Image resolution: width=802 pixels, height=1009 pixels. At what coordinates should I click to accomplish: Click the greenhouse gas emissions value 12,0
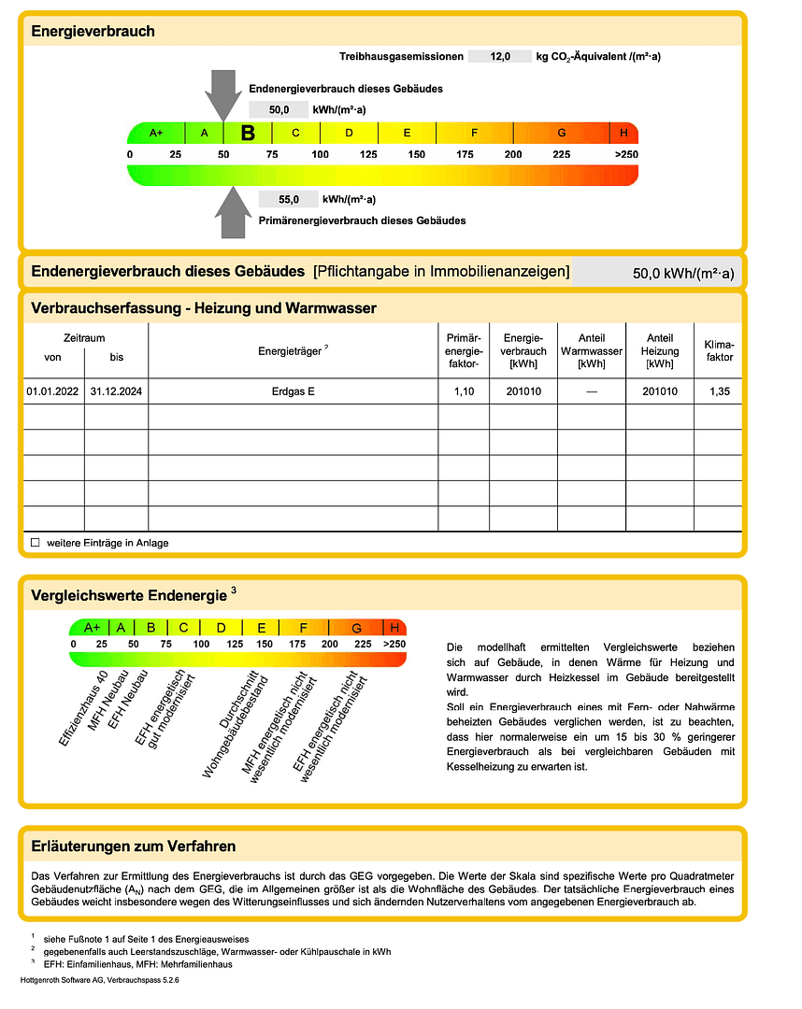pos(500,57)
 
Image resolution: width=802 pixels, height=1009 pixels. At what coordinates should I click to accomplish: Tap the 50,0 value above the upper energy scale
pos(279,109)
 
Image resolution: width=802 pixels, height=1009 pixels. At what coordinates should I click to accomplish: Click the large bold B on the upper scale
pos(248,133)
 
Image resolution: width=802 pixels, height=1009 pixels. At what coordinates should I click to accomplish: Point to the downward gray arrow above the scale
pos(222,92)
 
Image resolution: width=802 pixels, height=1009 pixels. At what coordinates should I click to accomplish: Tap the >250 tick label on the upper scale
pos(625,153)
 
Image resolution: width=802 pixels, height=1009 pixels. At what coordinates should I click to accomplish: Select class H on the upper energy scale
pos(623,133)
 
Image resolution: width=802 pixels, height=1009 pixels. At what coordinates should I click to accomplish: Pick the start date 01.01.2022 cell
pos(52,391)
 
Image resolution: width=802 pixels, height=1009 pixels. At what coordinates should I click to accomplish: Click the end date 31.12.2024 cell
pos(116,391)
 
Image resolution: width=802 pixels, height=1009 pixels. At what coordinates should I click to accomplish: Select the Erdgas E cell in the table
pos(293,391)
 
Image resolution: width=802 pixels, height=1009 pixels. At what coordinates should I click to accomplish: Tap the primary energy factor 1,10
pos(464,391)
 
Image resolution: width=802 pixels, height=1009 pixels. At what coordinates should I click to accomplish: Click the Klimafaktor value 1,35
pos(719,391)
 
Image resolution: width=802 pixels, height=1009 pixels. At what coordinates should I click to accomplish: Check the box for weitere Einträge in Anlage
pos(36,542)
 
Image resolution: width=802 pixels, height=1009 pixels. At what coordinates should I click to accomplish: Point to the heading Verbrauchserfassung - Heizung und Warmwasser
pos(204,308)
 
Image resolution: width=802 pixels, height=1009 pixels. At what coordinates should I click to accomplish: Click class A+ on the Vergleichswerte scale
pos(93,628)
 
